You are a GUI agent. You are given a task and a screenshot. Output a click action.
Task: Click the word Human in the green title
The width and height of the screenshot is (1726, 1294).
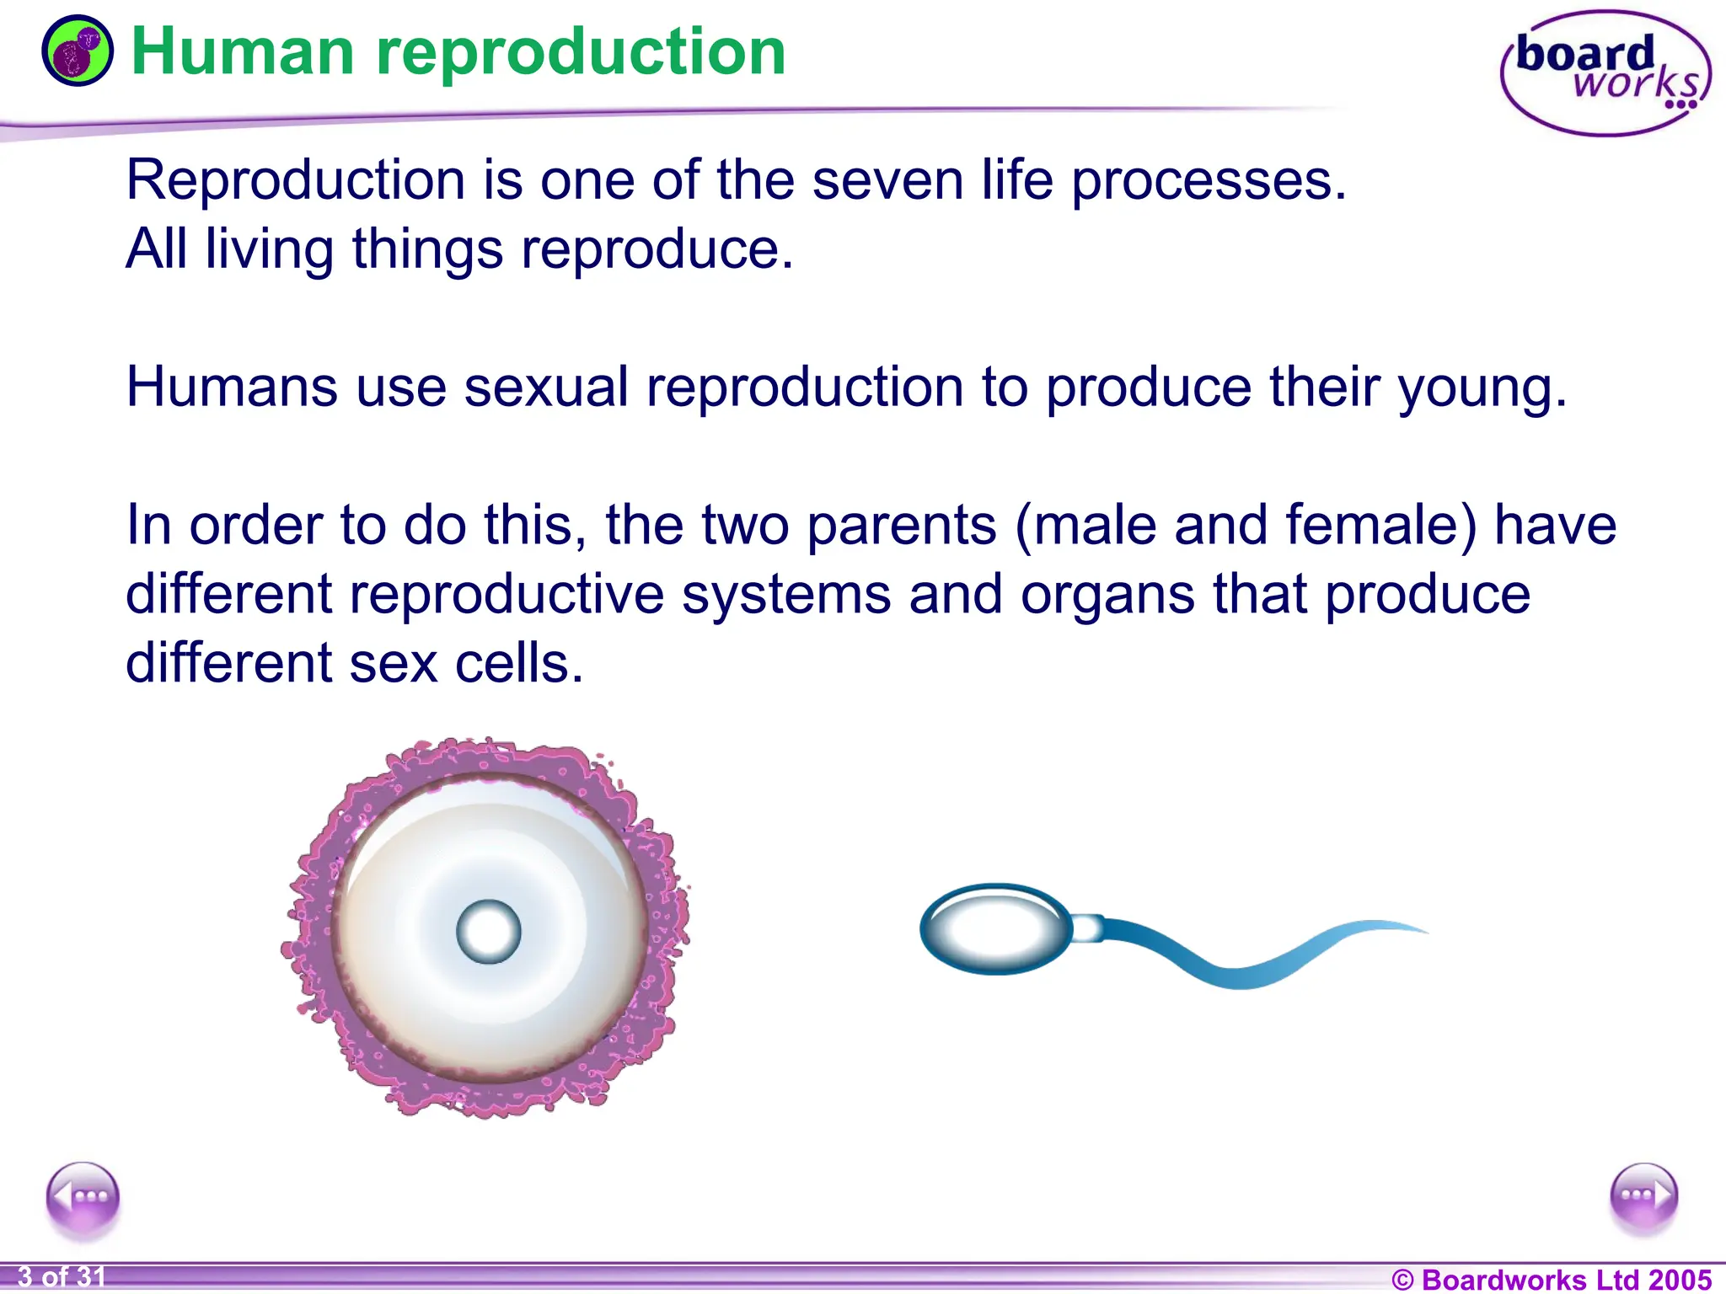click(243, 52)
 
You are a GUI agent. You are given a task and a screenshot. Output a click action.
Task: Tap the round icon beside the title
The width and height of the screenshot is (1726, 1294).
click(77, 51)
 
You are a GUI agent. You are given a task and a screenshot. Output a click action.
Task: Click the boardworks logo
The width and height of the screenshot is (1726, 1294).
click(1605, 73)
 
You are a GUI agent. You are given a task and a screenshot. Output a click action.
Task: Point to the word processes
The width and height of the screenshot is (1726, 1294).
click(1208, 182)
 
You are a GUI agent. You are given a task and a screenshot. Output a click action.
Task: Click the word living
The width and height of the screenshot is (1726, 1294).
click(270, 251)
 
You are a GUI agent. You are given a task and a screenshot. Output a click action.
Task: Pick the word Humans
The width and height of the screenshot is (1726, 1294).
click(231, 388)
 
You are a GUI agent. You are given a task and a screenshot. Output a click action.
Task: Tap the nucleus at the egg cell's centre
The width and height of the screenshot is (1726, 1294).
click(488, 932)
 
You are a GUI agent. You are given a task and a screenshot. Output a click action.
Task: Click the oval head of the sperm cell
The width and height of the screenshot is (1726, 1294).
click(995, 929)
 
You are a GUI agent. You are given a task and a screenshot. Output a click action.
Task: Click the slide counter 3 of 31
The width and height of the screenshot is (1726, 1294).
click(62, 1277)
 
